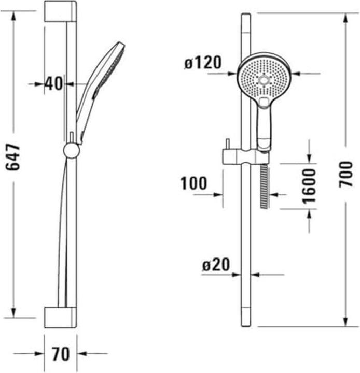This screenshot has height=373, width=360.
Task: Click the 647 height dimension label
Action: [x=14, y=157]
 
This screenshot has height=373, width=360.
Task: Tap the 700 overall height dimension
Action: [x=346, y=174]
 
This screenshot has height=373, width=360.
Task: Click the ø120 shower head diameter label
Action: [x=202, y=63]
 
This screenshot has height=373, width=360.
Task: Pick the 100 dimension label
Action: [x=193, y=183]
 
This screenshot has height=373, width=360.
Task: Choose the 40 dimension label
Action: [x=53, y=83]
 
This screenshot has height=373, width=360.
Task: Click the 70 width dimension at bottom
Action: [x=61, y=354]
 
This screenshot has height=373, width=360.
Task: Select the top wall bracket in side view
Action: [x=60, y=11]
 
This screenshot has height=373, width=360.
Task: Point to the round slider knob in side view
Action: [x=71, y=150]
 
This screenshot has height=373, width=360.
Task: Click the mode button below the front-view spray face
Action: [x=265, y=102]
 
